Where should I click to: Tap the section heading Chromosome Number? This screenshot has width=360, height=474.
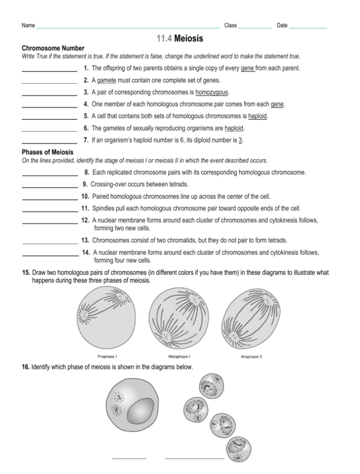coord(53,48)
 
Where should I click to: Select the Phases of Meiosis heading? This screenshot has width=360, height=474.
coord(47,152)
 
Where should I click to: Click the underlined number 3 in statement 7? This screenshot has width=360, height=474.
coord(240,140)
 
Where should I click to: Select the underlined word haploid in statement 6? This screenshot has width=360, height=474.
coord(234,128)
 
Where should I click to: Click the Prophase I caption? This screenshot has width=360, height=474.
coord(107,356)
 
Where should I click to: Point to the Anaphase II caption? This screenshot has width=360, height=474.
coord(251,356)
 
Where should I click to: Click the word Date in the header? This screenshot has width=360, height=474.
coord(282,25)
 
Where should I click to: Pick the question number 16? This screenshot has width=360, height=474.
coord(26,367)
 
